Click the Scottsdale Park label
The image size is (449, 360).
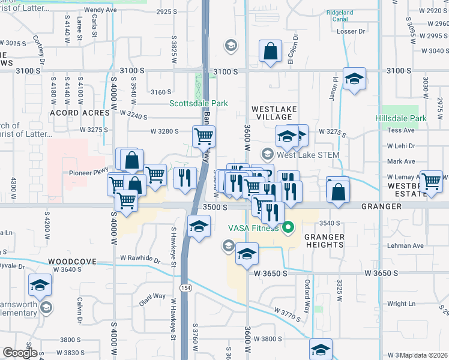pos(198,103)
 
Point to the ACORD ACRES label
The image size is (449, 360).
pos(74,112)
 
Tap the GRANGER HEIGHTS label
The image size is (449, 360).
pos(324,241)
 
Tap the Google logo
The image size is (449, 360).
pos(20,353)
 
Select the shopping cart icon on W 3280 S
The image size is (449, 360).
pos(203,136)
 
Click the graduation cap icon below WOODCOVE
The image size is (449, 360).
pos(40,286)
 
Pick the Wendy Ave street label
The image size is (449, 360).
pos(100,10)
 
